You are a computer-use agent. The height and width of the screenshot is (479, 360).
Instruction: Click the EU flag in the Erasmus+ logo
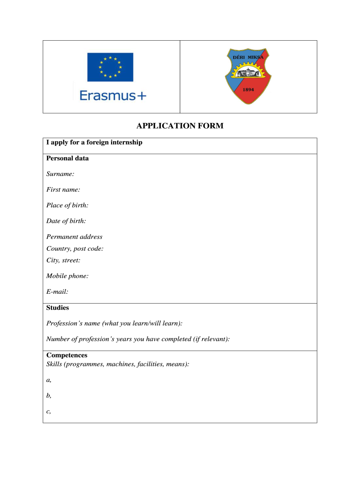coord(110,67)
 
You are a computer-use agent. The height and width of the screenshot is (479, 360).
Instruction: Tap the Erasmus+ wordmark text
coord(113,95)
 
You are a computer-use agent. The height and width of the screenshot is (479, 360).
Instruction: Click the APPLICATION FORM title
coord(180,126)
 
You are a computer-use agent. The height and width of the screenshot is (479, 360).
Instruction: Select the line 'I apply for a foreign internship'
coord(94,142)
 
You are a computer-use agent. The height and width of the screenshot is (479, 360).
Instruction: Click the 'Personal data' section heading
coord(67,158)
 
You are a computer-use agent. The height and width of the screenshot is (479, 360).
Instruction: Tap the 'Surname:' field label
coord(60,174)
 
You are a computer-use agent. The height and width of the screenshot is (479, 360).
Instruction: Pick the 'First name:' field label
coord(63,189)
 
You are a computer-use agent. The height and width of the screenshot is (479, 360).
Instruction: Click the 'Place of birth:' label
coord(67,205)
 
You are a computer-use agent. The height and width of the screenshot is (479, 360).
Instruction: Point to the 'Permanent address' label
coord(74,237)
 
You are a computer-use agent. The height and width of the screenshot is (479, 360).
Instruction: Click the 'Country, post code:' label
coord(75,248)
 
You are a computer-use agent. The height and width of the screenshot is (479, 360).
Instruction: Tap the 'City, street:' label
coord(63,260)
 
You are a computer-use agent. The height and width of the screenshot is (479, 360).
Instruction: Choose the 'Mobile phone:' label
coord(67,276)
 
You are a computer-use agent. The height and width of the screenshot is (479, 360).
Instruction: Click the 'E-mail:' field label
coord(57,291)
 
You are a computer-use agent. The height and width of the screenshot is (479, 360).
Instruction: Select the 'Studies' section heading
coord(58,307)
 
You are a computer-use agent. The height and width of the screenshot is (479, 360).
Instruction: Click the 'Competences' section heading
coord(67,355)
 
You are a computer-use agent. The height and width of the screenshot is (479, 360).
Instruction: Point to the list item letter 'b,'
coord(49,395)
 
